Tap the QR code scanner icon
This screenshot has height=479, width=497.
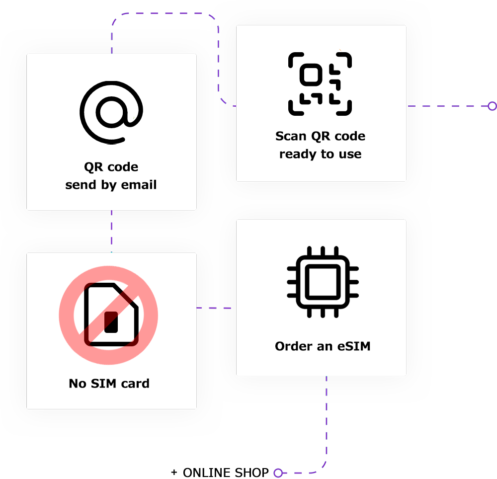320,84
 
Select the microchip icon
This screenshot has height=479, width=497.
323,282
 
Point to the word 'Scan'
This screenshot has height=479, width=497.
291,136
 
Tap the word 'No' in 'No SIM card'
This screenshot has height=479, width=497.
78,384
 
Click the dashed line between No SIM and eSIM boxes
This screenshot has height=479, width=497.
216,308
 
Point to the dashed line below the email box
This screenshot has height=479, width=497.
111,231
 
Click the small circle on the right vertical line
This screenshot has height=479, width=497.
492,106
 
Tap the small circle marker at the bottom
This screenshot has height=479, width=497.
278,473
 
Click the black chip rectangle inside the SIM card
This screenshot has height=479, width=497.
111,322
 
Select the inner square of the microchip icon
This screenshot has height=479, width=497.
323,282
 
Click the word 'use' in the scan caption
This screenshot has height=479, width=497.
350,155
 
